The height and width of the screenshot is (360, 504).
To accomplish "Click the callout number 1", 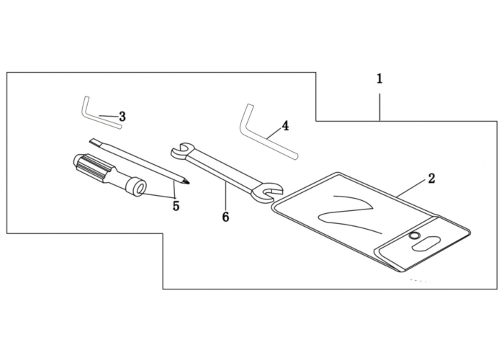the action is point(379,78).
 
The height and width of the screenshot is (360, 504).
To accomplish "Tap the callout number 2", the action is point(431,179).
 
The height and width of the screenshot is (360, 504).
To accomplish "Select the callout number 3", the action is point(122,117).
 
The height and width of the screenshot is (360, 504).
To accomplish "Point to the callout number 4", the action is point(285,126).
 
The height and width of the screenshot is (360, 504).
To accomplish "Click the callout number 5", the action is point(176,206).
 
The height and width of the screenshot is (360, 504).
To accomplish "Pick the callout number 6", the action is point(225,217).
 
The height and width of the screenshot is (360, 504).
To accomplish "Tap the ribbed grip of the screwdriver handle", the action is point(93,168).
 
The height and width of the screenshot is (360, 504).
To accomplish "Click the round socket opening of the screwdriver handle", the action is point(139,188).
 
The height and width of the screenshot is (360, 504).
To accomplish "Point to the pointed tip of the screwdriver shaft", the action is point(188,183).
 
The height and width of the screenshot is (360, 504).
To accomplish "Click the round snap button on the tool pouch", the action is point(414,236).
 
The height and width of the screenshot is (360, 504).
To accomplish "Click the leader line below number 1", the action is point(380,107).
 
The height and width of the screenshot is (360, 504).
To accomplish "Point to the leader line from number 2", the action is point(412,189).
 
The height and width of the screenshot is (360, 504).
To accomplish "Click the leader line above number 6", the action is point(225,196).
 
